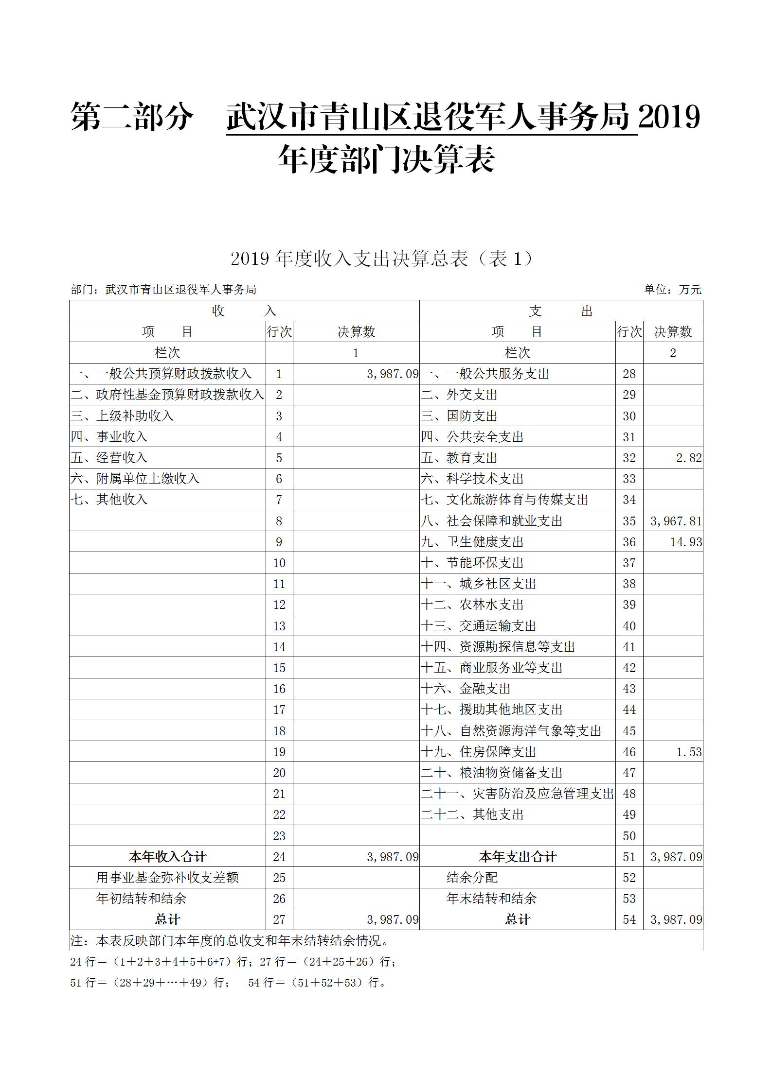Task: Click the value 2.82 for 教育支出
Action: pyautogui.click(x=688, y=458)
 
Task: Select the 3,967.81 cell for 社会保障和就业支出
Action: pyautogui.click(x=676, y=521)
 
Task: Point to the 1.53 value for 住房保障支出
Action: pyautogui.click(x=689, y=752)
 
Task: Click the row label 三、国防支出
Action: pyautogui.click(x=459, y=416)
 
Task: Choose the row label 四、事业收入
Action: pyautogui.click(x=109, y=437)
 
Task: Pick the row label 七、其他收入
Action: pyautogui.click(x=109, y=500)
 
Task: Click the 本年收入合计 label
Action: pyautogui.click(x=167, y=857)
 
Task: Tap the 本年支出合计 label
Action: pyautogui.click(x=517, y=857)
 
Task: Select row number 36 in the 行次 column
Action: pyautogui.click(x=629, y=542)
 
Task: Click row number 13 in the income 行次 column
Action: pyautogui.click(x=279, y=626)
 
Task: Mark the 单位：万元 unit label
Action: pyautogui.click(x=673, y=290)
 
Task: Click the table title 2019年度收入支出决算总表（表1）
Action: pyautogui.click(x=382, y=259)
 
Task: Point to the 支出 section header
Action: pyautogui.click(x=561, y=311)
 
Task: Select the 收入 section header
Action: pyautogui.click(x=244, y=311)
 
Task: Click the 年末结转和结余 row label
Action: pyautogui.click(x=491, y=899)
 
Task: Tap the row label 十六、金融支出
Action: pyautogui.click(x=466, y=689)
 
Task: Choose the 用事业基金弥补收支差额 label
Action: pyautogui.click(x=167, y=878)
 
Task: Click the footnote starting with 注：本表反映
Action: pyautogui.click(x=230, y=941)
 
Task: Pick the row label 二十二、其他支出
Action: pyautogui.click(x=472, y=814)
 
